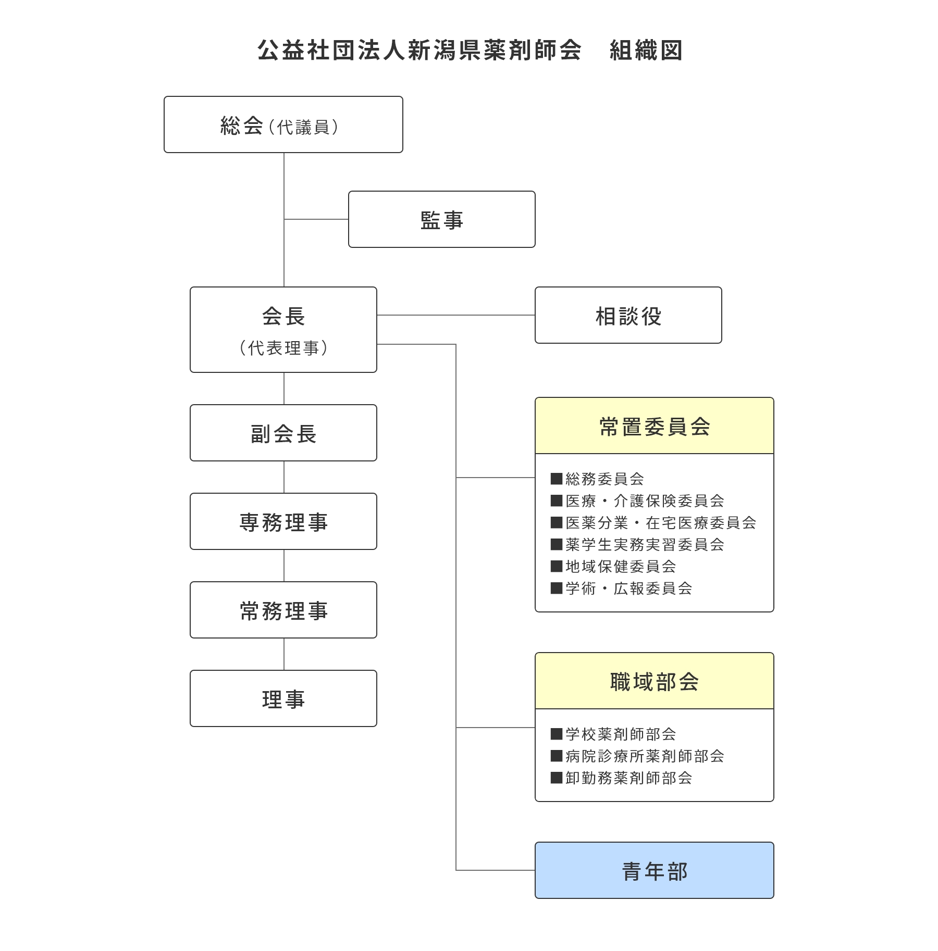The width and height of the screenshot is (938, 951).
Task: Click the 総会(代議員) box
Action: (283, 124)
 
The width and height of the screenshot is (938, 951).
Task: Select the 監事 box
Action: (442, 219)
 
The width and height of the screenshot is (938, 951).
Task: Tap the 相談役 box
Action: (628, 315)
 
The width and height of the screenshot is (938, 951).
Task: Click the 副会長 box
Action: (283, 433)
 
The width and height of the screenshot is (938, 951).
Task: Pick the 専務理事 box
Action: (283, 521)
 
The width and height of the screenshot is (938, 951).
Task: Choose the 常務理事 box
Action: (283, 610)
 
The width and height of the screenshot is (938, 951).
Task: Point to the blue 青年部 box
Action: (655, 870)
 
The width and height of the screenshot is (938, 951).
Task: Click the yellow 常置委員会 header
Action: (655, 426)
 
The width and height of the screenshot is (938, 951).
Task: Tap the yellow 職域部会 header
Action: (655, 681)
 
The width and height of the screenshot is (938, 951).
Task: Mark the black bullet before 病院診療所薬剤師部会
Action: (557, 756)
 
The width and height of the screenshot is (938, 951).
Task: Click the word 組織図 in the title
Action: (646, 51)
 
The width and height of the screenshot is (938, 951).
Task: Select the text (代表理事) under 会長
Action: (283, 348)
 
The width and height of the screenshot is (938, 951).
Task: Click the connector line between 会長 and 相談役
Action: (456, 315)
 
